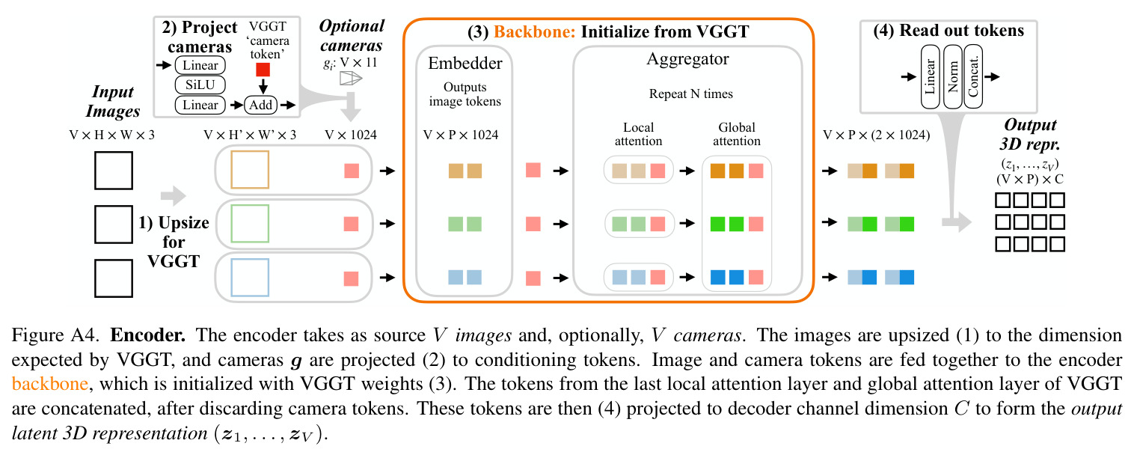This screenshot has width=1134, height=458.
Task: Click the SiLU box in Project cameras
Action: click(x=200, y=85)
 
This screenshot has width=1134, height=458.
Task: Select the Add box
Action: click(x=261, y=105)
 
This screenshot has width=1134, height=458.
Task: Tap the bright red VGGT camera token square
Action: click(x=263, y=70)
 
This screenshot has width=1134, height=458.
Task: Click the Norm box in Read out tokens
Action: click(x=953, y=76)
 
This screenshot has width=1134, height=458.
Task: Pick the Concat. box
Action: click(x=973, y=76)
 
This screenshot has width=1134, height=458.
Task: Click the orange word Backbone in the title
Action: click(x=535, y=31)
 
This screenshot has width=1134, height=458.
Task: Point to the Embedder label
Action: click(x=465, y=63)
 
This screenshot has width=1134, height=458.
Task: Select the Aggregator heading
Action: click(x=687, y=59)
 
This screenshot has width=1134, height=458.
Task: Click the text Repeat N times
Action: click(x=691, y=94)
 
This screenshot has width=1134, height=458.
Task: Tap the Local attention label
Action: click(x=638, y=134)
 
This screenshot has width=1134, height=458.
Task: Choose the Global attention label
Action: click(x=737, y=134)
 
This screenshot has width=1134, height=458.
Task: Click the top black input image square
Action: click(x=114, y=170)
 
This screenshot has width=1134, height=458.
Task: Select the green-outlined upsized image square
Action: click(x=250, y=224)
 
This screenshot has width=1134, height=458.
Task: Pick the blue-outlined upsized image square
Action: click(x=250, y=278)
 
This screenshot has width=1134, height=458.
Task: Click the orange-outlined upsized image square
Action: click(x=250, y=169)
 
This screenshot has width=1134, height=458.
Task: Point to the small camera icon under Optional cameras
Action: click(x=350, y=78)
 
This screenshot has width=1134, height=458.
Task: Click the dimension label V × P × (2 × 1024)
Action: click(x=877, y=135)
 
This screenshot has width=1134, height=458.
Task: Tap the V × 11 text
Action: click(x=358, y=62)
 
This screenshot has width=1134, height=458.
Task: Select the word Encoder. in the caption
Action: click(x=148, y=335)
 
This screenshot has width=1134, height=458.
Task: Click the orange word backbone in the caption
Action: click(x=50, y=383)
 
